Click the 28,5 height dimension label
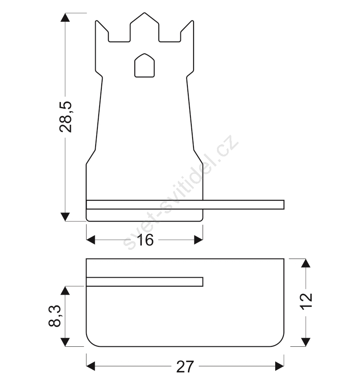[x=66, y=117]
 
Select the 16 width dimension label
[x=146, y=240]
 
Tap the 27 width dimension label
[x=185, y=367]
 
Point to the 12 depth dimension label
[x=307, y=301]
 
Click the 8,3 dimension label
[x=54, y=316]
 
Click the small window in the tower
[x=144, y=65]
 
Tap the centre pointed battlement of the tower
[x=144, y=27]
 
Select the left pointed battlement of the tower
[x=102, y=31]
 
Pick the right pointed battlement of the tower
[x=187, y=31]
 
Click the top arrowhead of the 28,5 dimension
[x=65, y=17]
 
